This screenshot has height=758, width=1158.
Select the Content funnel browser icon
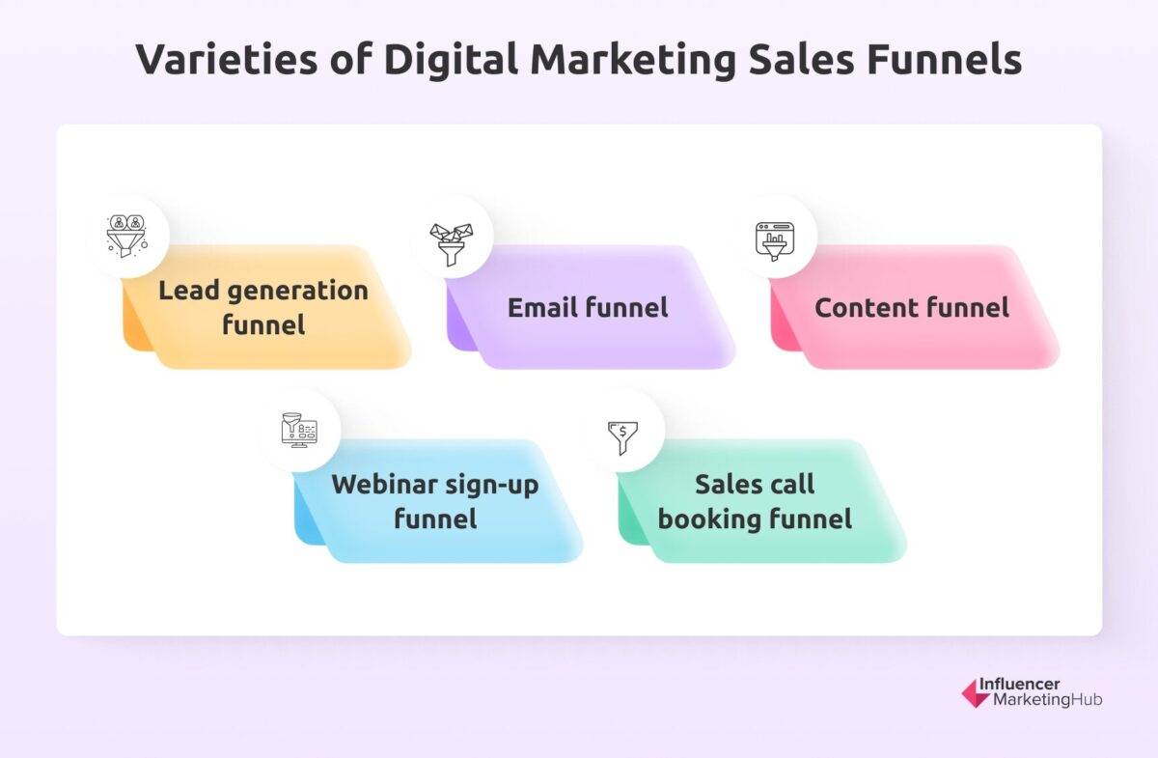click(776, 237)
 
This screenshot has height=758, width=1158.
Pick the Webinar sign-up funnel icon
click(299, 430)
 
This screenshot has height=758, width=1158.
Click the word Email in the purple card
click(543, 308)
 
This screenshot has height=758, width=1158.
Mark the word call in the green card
click(795, 484)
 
